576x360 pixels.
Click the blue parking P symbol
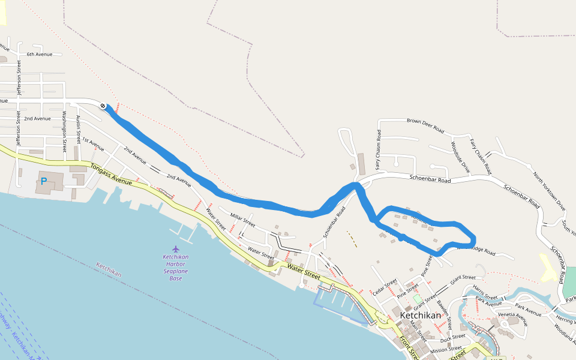[x=44, y=181]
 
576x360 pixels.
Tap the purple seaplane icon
[x=175, y=248]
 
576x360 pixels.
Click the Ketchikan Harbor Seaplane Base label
[x=175, y=268]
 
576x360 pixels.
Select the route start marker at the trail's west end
[x=104, y=106]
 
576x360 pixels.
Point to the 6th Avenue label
[x=40, y=55]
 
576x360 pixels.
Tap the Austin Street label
[x=78, y=130]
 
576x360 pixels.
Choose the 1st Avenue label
[x=93, y=144]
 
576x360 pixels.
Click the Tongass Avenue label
[x=111, y=173]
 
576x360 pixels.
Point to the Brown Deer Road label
[x=425, y=125]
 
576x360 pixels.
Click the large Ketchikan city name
[x=421, y=316]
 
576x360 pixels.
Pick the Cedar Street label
[x=385, y=287]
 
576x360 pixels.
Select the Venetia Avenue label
[x=512, y=317]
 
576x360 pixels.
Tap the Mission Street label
[x=446, y=349]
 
